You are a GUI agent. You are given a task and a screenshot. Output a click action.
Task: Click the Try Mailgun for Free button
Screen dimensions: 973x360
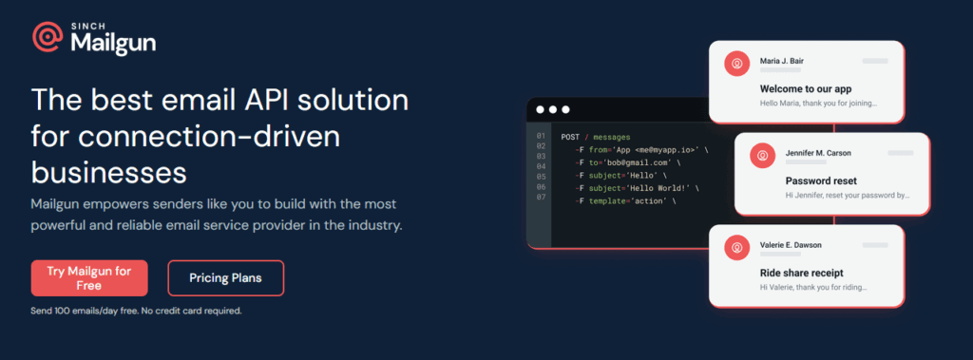coord(89,278)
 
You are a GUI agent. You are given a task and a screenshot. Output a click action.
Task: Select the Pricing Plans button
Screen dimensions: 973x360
coord(226,278)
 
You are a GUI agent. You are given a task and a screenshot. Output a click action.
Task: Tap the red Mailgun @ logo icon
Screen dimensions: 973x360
coord(48,37)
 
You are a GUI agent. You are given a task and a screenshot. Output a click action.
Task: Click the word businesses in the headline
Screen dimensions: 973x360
coord(109,172)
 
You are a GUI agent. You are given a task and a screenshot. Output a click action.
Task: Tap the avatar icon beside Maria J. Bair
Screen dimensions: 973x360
coord(737,64)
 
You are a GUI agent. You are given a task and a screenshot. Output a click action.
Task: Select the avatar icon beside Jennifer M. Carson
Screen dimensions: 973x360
coord(763,155)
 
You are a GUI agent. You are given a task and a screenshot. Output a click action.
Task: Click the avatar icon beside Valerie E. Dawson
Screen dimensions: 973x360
coord(737,247)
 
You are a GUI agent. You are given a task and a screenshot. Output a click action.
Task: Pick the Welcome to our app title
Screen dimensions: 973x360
coord(804,88)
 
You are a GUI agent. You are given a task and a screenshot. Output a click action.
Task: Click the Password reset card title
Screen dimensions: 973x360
coord(821,180)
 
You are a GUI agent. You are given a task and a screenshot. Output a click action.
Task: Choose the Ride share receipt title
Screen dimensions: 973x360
coord(802,273)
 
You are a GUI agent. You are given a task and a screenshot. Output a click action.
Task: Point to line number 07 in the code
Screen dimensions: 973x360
coord(541,198)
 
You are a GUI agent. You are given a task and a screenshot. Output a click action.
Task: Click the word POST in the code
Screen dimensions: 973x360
coord(571,137)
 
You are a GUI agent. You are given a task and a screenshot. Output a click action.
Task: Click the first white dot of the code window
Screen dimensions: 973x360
coord(541,110)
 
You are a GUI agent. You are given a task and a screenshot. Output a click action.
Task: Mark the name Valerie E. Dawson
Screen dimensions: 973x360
coord(791,245)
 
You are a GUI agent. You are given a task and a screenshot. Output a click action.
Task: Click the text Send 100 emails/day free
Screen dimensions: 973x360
coord(84,311)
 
